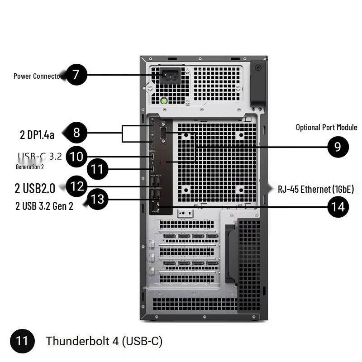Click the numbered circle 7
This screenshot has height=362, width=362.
pos(77,75)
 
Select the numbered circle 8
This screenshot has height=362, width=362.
pos(76,133)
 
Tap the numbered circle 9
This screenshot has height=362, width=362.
pos(338,147)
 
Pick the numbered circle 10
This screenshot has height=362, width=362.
pos(77,157)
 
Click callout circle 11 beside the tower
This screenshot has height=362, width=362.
pos(97,170)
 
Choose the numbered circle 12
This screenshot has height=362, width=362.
pos(77,186)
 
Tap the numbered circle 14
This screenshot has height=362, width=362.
pos(338,207)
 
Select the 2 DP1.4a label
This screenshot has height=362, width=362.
pos(37,134)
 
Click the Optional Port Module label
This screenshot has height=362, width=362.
pos(326,127)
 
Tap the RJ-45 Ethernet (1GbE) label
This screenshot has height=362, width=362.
pos(316,189)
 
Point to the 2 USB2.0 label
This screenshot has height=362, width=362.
pos(35,188)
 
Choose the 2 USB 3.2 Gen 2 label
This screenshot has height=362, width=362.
pos(44,206)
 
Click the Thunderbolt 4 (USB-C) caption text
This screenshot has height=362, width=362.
pos(104,341)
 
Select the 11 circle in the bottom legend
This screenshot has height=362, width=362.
pos(22,341)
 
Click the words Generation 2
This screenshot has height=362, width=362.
pos(30,167)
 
